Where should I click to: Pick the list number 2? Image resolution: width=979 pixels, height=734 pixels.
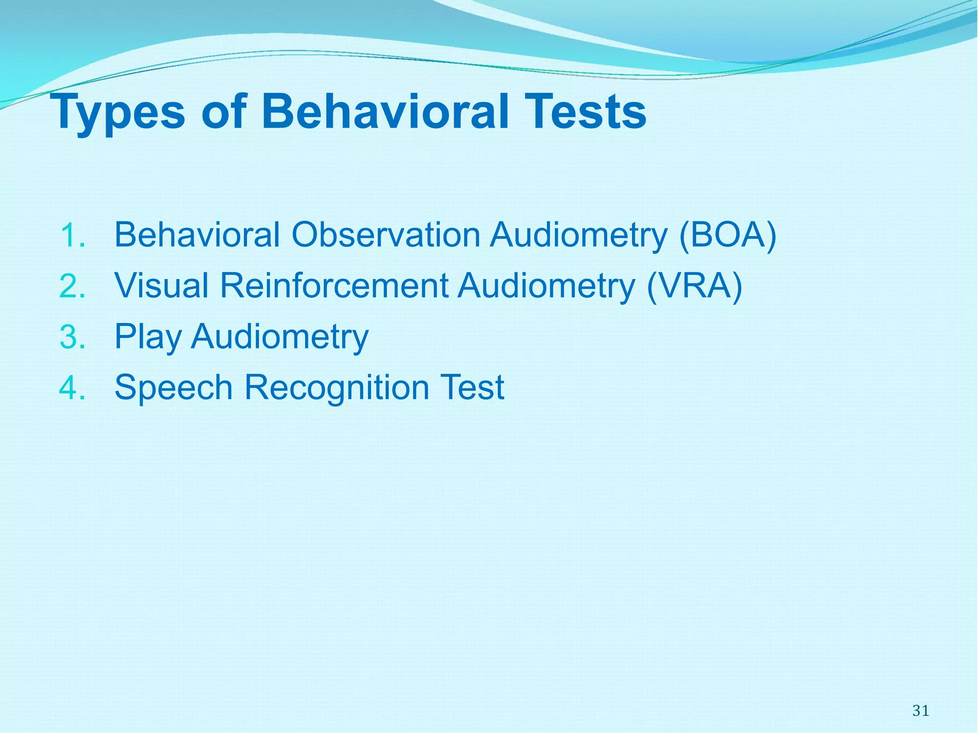pos(73,286)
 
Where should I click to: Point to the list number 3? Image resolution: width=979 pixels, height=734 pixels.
pos(73,336)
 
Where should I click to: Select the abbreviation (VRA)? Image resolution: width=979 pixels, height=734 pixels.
pos(694,286)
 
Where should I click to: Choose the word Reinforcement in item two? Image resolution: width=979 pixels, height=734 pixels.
pos(334,286)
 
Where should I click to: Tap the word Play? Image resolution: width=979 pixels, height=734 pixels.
pos(148,337)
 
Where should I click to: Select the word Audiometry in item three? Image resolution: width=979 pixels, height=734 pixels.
pos(280,337)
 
